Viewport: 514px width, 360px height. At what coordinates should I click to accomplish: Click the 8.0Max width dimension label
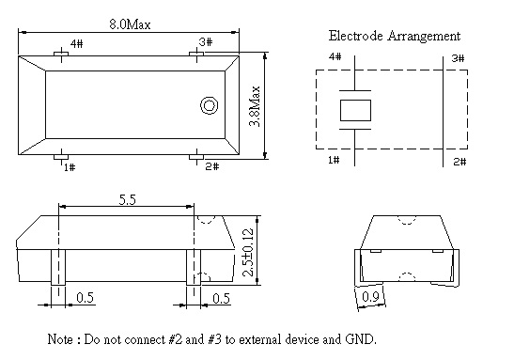(x=130, y=24)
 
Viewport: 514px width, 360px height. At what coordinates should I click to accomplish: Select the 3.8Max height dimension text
(x=255, y=106)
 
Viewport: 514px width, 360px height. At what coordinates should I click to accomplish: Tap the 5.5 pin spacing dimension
(x=127, y=199)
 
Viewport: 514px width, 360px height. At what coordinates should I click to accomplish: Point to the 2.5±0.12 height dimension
(x=249, y=252)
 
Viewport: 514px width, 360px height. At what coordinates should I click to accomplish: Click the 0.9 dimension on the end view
(x=370, y=297)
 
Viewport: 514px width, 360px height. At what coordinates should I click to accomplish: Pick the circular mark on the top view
(x=210, y=105)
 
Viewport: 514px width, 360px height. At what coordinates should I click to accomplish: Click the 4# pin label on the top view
(x=77, y=43)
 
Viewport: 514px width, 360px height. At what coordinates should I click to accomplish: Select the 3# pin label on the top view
(x=206, y=42)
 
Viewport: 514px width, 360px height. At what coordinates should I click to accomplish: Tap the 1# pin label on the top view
(x=70, y=167)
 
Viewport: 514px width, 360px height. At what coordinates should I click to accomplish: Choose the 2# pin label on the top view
(x=212, y=166)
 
